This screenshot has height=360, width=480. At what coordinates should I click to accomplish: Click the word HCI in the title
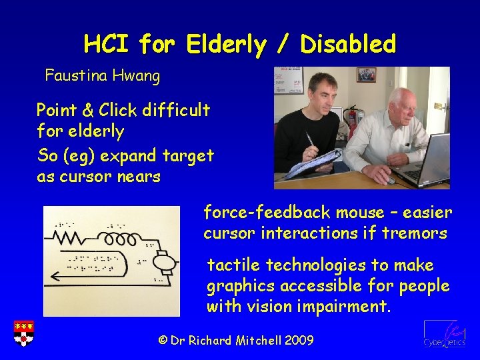[x=107, y=44]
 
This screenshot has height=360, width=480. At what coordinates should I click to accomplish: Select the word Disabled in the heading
[x=348, y=44]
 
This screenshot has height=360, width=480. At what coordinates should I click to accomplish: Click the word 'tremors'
[x=422, y=233]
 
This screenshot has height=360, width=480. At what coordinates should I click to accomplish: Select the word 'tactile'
[x=233, y=265]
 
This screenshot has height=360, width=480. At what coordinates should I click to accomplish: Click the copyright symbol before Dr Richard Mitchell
[x=163, y=341]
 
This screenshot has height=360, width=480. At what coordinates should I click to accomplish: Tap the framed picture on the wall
[x=366, y=75]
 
